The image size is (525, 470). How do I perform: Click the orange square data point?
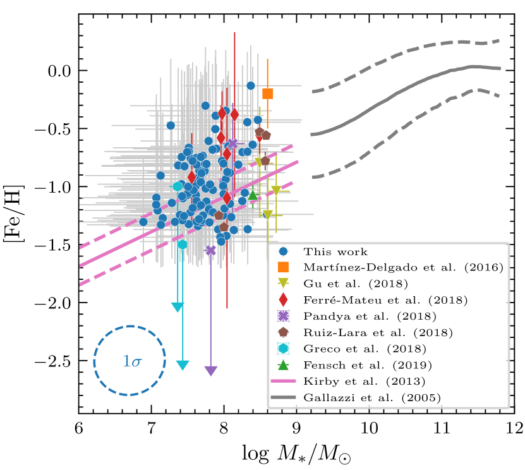click(x=267, y=93)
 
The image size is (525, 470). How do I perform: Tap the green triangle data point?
click(x=253, y=195)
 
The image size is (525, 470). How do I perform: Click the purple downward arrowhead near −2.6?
click(x=211, y=371)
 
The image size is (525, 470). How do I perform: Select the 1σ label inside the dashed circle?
click(x=132, y=362)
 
